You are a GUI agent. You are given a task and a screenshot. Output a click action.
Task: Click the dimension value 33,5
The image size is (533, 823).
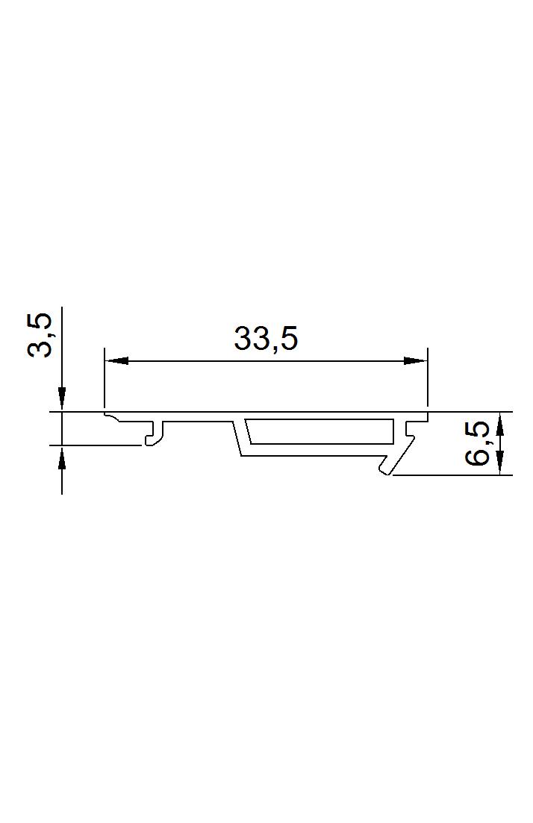266,339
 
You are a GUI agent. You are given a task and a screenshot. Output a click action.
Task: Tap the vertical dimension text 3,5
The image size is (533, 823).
40,336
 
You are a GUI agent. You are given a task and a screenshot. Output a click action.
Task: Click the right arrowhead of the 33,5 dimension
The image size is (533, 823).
415,360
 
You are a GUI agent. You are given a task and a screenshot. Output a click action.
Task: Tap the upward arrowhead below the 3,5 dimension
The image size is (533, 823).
62,457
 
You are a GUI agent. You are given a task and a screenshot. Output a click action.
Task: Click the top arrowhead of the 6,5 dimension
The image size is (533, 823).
499,424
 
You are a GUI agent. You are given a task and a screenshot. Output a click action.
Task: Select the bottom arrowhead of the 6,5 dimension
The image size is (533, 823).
499,463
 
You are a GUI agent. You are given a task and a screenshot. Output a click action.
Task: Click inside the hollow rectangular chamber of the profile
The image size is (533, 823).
320,432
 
